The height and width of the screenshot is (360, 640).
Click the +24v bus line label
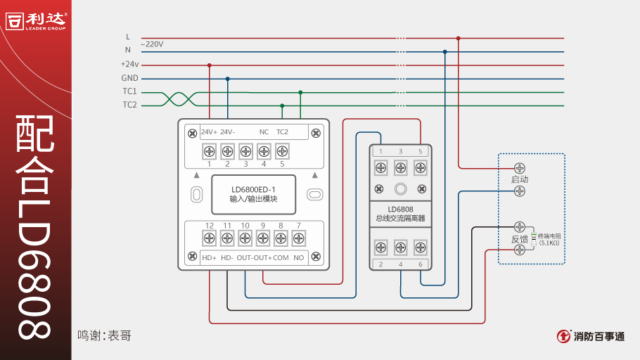tap(129, 65)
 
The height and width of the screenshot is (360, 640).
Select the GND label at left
tap(129, 78)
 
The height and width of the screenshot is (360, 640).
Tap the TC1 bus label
tap(129, 91)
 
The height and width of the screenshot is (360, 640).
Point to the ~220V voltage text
tap(152, 44)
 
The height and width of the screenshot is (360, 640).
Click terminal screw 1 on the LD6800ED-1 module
tap(209, 150)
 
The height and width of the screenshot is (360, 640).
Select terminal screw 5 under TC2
tap(282, 150)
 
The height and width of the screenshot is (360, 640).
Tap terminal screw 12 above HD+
tap(209, 238)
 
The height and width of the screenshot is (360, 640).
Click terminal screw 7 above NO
tap(299, 238)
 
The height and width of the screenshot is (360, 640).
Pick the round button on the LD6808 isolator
tap(400, 188)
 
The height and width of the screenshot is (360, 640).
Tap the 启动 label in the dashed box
tap(520, 179)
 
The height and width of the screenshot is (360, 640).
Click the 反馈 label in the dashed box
tap(520, 239)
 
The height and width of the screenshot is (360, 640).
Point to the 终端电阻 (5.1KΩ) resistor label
tap(549, 239)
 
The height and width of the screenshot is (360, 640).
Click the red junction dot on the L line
tap(458, 38)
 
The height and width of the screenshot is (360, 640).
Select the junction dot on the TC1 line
tap(300, 92)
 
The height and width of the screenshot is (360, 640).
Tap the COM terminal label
tap(281, 258)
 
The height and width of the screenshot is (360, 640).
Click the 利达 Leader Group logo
tap(36, 21)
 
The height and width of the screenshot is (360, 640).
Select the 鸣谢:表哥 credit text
tap(104, 336)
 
